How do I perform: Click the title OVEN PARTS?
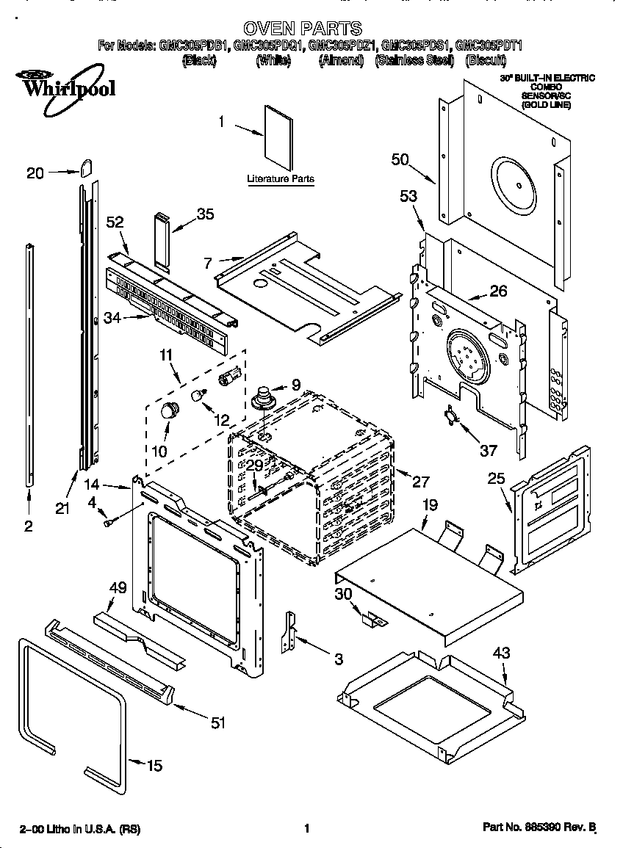(303, 29)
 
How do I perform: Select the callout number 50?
(400, 161)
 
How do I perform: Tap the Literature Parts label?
(280, 179)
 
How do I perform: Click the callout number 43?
(501, 653)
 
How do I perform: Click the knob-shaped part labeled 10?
(170, 410)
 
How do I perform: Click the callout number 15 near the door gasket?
(154, 766)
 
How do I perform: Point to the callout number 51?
(217, 723)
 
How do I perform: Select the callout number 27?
(420, 482)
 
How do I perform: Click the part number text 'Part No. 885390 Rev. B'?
(539, 827)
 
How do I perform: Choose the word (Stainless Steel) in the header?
(413, 61)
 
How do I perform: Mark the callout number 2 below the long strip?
(28, 526)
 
